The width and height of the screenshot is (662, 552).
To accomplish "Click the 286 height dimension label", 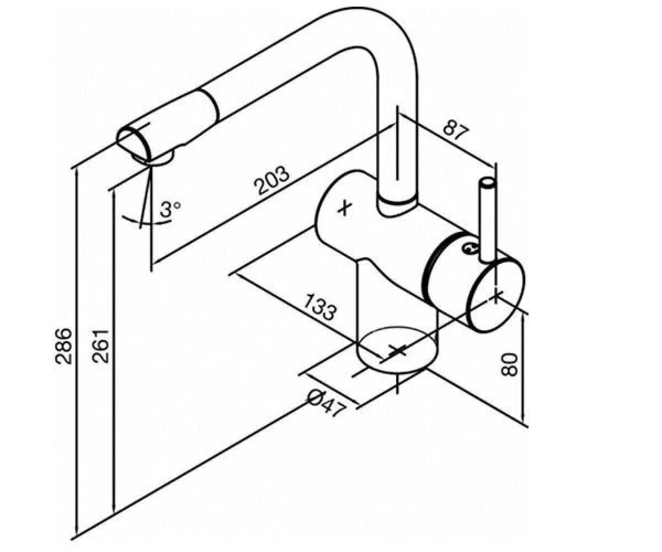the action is (63, 346).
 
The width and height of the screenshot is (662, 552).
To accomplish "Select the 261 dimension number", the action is (100, 346).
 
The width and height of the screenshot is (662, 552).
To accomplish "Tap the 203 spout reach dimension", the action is (273, 181).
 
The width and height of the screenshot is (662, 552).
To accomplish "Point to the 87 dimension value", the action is (456, 130).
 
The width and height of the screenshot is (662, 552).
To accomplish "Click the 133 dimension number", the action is (319, 307).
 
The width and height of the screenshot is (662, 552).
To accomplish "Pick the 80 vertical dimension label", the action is (510, 365).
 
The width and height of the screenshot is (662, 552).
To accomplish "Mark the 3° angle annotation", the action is (170, 209).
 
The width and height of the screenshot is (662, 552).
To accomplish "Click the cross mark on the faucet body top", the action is (344, 209).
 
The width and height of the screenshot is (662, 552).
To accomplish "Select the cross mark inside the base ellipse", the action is (398, 351).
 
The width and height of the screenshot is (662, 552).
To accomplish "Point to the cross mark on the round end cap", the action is (496, 296).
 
